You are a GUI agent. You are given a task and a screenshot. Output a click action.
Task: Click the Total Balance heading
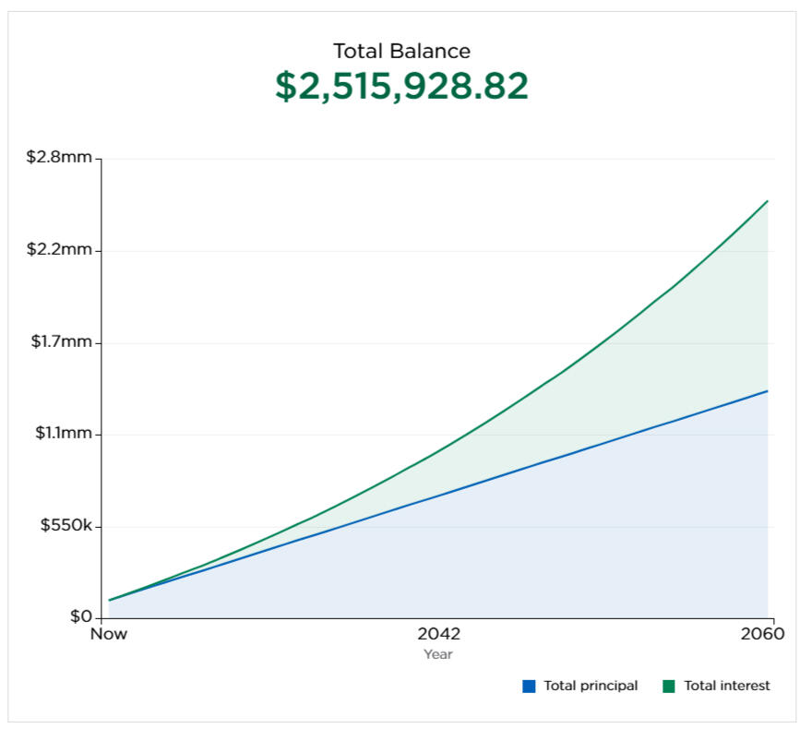click(x=401, y=51)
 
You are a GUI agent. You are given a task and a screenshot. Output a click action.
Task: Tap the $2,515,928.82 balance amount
click(x=401, y=86)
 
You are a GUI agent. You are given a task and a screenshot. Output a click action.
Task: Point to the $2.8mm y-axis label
click(x=59, y=158)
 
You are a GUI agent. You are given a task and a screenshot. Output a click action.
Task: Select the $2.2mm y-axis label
click(x=59, y=250)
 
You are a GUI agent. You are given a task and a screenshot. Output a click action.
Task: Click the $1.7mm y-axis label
click(x=61, y=342)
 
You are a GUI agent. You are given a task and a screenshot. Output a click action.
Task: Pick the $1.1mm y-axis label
click(x=61, y=434)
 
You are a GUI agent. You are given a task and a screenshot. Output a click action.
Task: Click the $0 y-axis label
click(x=79, y=617)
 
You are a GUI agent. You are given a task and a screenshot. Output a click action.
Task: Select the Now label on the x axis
click(x=109, y=635)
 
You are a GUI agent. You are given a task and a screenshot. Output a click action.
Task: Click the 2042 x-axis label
click(x=438, y=635)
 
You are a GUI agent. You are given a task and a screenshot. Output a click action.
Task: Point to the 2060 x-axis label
click(x=762, y=635)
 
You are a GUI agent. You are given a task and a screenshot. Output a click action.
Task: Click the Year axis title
click(x=438, y=654)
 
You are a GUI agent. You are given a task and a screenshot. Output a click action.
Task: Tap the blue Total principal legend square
click(x=529, y=686)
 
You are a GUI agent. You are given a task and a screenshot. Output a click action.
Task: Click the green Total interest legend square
click(x=669, y=686)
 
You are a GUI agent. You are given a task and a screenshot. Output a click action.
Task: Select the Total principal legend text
click(x=591, y=686)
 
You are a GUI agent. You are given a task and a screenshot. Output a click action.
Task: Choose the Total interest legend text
click(x=727, y=686)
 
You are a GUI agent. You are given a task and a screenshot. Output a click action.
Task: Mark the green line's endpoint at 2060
click(x=768, y=201)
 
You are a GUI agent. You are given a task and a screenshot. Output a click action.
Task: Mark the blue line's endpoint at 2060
click(x=768, y=391)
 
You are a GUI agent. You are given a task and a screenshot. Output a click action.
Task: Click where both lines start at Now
click(x=110, y=600)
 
